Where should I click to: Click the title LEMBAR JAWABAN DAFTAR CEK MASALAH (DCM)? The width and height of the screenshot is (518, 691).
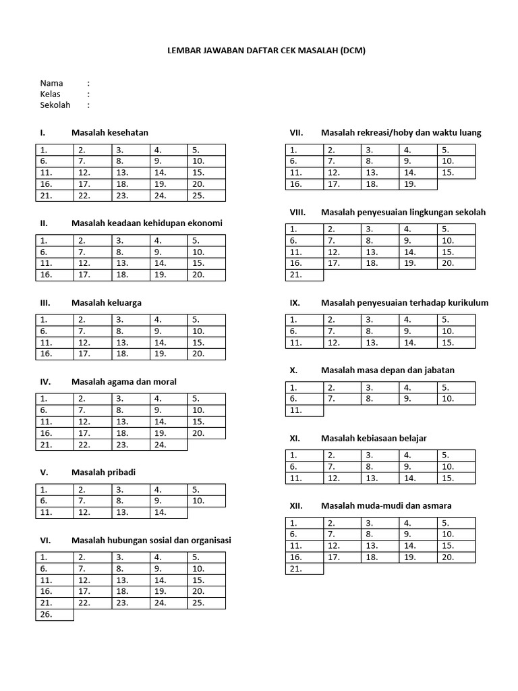266,51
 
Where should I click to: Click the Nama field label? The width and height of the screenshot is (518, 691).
51,83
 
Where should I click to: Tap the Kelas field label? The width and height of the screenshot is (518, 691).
51,94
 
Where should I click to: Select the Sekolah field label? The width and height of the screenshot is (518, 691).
55,105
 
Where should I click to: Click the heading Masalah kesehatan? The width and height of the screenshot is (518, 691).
110,132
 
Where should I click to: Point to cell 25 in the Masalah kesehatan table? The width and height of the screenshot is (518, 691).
206,196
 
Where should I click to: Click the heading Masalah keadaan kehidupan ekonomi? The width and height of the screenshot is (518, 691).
147,223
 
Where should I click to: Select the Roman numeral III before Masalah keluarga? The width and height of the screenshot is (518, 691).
46,302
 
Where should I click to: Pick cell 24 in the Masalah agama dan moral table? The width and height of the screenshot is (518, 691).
169,445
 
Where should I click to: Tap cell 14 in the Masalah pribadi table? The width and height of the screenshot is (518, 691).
169,512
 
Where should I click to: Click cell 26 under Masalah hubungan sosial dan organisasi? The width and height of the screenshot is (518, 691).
55,615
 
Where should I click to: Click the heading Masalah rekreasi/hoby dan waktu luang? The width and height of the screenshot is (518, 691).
401,132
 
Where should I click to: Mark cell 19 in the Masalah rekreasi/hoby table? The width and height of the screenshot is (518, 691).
419,184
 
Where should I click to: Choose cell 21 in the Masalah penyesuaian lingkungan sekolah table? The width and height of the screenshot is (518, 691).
305,275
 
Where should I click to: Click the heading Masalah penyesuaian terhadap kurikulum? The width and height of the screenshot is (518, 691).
405,302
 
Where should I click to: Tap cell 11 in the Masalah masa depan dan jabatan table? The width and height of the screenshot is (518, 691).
305,410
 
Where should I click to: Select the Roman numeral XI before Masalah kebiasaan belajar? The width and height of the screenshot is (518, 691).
294,438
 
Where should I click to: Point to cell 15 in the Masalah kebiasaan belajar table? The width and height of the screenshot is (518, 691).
457,478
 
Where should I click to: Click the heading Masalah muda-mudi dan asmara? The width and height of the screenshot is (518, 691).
386,505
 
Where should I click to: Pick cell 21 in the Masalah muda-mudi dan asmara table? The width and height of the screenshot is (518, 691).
305,569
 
